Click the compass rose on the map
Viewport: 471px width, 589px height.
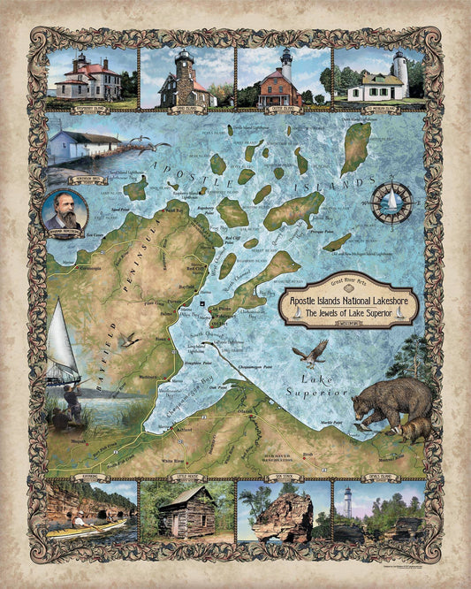point(388,203)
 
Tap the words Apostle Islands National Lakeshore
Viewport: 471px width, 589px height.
point(346,302)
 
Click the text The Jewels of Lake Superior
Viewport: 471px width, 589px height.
point(346,314)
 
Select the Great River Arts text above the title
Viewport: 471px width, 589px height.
point(346,283)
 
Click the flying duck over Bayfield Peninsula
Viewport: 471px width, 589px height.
point(129,339)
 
